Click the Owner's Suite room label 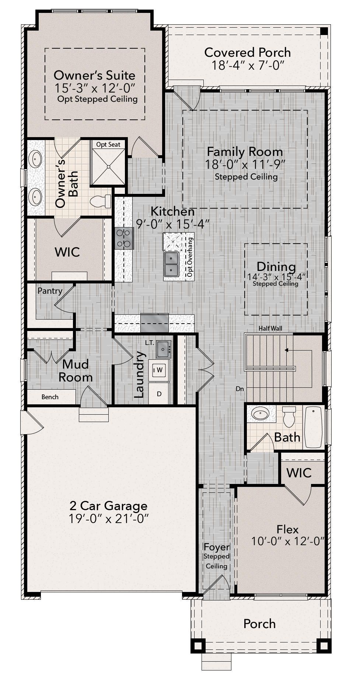[94, 75]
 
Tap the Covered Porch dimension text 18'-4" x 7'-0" [248, 65]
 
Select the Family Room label [245, 151]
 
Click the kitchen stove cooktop [124, 238]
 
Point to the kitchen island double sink [171, 264]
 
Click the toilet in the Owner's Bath [101, 201]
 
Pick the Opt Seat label [108, 144]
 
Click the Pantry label [50, 291]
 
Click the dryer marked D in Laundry [159, 394]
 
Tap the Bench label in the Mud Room [50, 397]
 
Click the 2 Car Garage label [109, 506]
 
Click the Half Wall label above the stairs [270, 328]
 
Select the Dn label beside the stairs [240, 388]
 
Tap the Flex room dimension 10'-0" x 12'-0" [288, 541]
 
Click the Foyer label [217, 547]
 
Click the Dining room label [276, 266]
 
